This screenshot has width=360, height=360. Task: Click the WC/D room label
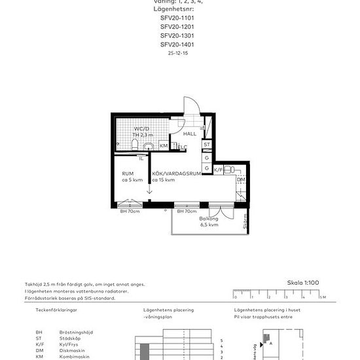pyautogui.click(x=141, y=129)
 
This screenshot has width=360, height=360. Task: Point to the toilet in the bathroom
pyautogui.click(x=134, y=145)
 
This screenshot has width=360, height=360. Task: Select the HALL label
pyautogui.click(x=189, y=134)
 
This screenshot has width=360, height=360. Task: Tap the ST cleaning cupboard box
pyautogui.click(x=207, y=145)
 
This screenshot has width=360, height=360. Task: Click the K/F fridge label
pyautogui.click(x=219, y=169)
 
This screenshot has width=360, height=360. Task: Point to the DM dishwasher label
pyautogui.click(x=240, y=179)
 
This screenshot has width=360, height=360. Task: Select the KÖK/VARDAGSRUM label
pyautogui.click(x=173, y=174)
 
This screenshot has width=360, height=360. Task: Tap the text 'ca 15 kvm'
pyautogui.click(x=164, y=180)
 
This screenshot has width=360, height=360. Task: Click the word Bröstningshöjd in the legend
pyautogui.click(x=72, y=333)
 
